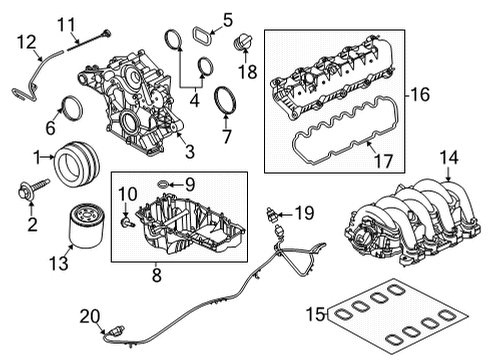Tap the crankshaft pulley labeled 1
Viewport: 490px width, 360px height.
pos(77,162)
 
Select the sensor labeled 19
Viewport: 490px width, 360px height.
pos(270,214)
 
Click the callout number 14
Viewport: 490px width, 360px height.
pos(451,157)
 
